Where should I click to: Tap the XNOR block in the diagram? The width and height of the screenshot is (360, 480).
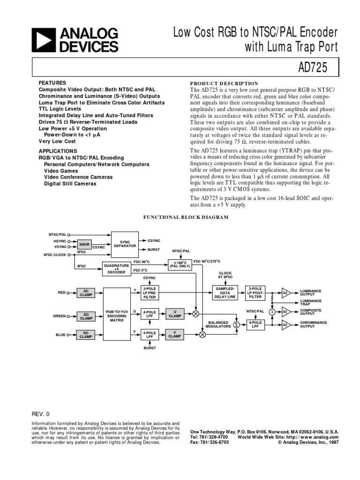84,244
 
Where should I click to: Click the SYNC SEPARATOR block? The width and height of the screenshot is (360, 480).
125,244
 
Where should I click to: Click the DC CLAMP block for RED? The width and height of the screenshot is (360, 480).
86,292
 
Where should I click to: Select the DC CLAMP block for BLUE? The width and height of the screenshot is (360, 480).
86,334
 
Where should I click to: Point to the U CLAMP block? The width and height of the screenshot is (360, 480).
175,314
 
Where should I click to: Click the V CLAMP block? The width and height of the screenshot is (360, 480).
175,334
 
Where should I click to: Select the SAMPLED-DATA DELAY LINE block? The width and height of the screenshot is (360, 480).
226,293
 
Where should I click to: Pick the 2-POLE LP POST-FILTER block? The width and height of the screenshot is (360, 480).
256,293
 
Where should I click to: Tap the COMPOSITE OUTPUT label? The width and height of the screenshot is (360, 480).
311,311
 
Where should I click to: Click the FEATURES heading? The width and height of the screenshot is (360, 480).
52,82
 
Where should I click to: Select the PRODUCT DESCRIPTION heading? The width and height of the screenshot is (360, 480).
224,83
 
